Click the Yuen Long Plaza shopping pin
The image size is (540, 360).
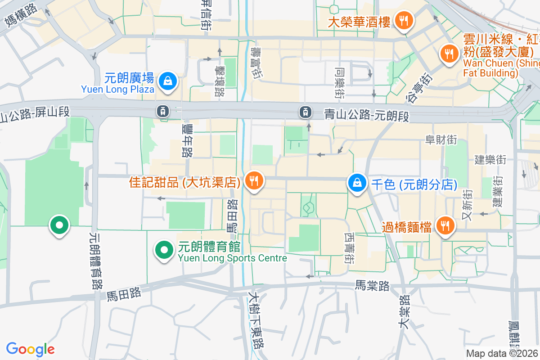167,81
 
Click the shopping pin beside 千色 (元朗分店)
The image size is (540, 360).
357,183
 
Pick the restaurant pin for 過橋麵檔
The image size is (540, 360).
445,226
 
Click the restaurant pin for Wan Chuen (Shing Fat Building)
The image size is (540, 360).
449,54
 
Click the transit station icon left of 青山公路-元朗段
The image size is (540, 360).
306,111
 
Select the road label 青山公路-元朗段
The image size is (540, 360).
367,116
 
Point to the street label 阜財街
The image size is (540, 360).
441,140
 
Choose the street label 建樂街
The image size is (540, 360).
490,160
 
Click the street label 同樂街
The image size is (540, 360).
339,83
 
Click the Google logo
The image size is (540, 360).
31,349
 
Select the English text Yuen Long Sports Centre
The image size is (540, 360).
232,258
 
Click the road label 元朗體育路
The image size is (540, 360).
96,261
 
